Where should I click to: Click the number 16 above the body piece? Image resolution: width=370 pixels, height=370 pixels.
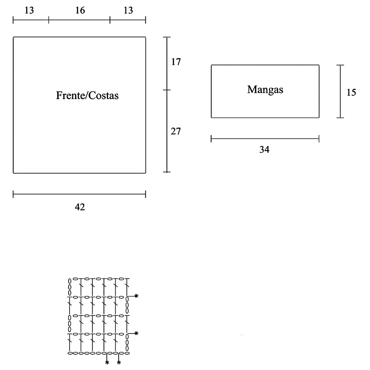click(80, 10)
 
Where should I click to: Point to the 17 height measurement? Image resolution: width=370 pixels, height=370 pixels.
click(176, 62)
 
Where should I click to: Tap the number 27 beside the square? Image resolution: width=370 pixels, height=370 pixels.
click(176, 132)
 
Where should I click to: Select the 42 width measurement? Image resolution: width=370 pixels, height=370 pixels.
click(80, 207)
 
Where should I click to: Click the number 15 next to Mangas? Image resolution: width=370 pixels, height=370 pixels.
click(351, 92)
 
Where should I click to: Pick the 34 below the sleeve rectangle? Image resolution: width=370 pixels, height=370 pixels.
click(265, 150)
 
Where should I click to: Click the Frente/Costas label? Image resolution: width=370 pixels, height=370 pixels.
click(87, 96)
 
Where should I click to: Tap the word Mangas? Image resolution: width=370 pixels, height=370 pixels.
click(265, 90)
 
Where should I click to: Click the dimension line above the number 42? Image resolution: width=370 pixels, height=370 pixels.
click(79, 194)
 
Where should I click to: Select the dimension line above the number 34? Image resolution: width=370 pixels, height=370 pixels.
click(265, 139)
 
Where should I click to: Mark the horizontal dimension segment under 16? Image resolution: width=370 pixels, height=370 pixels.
click(79, 21)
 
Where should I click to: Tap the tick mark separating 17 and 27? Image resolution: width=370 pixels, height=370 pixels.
click(167, 90)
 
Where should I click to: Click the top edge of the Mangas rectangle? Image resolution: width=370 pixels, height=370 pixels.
click(265, 65)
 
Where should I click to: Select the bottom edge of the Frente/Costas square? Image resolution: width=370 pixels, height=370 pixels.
click(79, 173)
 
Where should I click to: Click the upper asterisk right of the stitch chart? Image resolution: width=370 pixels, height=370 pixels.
click(136, 296)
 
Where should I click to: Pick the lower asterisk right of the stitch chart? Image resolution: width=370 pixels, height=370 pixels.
click(136, 333)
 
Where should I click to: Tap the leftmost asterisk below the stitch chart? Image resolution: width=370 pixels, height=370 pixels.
click(107, 363)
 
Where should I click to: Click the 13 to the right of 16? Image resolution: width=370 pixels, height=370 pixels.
click(128, 10)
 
